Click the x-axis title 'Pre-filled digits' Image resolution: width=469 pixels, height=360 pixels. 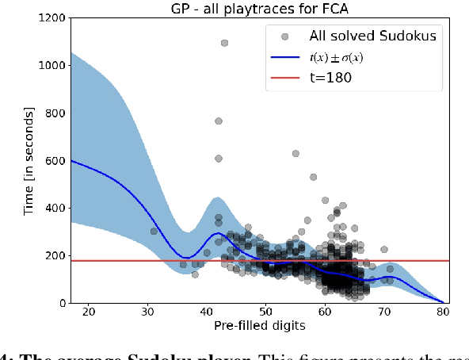tap(259, 326)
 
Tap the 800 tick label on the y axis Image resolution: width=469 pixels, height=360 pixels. tap(52, 113)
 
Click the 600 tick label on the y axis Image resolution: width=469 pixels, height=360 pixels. tap(52, 160)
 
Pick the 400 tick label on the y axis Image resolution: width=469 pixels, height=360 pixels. tap(52, 208)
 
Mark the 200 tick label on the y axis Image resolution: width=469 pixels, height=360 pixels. tap(52, 255)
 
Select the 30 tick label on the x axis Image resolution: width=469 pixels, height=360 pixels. tap(147, 312)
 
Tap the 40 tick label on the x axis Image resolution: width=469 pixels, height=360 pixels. tap(206, 312)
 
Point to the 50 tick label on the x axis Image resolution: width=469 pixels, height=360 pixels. tap(265, 312)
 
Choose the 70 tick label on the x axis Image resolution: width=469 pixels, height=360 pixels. tap(383, 312)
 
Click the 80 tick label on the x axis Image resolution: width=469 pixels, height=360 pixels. tap(443, 312)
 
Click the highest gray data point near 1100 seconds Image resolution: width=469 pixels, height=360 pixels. tap(224, 43)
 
